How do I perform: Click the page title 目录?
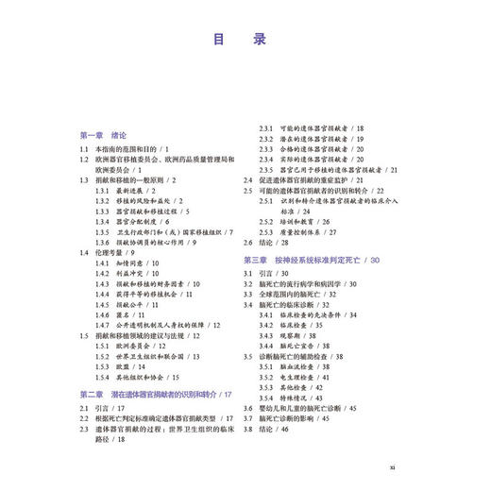click(245, 41)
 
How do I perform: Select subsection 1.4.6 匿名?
click(125, 316)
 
